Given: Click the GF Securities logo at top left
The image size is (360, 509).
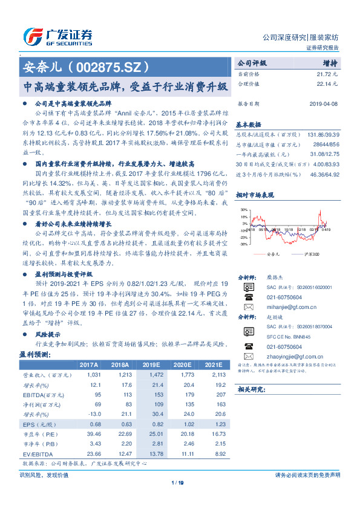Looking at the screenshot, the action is coord(57,37).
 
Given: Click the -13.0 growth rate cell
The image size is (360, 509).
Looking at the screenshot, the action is coord(90,413).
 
